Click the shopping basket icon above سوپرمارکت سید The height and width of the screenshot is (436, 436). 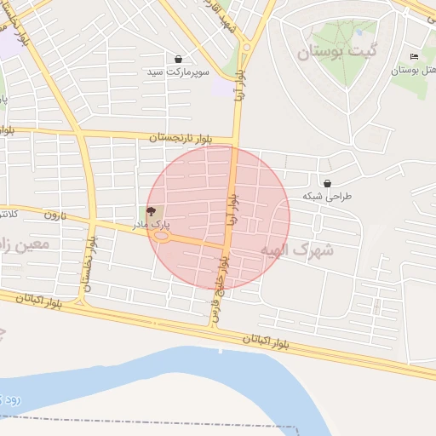click(x=178, y=59)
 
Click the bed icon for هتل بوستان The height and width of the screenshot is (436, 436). click(x=414, y=56)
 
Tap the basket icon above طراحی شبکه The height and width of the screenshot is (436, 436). click(x=328, y=183)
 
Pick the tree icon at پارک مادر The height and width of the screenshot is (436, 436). click(x=152, y=210)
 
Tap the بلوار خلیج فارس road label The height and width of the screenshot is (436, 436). click(x=220, y=290)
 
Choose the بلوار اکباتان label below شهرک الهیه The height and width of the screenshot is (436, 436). click(x=267, y=341)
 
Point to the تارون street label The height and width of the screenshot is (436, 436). click(x=56, y=215)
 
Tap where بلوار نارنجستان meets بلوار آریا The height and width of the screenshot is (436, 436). click(x=237, y=141)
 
